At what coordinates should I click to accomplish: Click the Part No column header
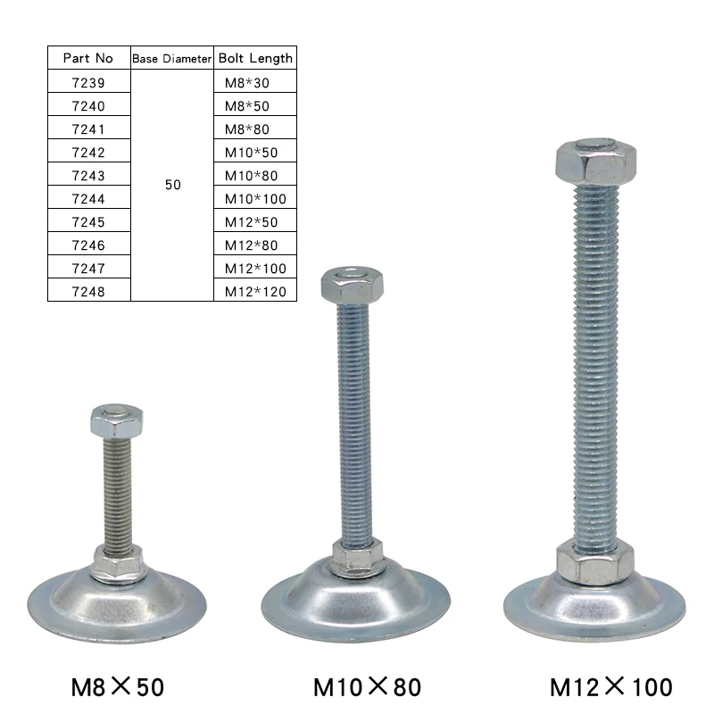point(88,58)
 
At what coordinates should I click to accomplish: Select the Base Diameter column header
point(172,58)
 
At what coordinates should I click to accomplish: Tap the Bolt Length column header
point(255,58)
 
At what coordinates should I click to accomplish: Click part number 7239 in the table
point(88,83)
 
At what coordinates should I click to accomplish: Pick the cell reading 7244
point(88,198)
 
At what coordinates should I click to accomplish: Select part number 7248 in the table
point(88,291)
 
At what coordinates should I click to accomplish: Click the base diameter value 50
point(172,186)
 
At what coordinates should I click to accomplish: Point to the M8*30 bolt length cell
point(247,83)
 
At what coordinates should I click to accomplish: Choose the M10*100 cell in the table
point(255,198)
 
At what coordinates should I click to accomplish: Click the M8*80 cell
point(247,129)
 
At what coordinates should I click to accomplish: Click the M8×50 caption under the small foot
point(117,686)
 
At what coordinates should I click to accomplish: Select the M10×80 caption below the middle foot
point(367,686)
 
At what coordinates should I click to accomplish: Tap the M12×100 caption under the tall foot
point(611,686)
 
